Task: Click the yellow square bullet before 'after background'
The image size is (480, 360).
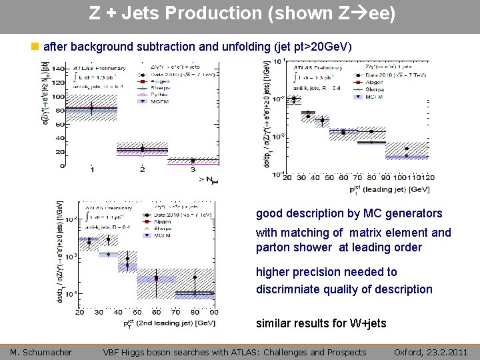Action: (36, 47)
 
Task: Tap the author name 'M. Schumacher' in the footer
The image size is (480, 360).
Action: (41, 352)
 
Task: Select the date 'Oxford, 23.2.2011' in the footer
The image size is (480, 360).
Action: (430, 352)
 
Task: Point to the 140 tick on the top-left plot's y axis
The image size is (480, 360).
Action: (59, 69)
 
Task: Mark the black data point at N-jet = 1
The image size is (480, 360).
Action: (92, 107)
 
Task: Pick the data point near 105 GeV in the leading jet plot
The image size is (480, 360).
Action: (407, 149)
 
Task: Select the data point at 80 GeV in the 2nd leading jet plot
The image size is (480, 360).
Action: (195, 277)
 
